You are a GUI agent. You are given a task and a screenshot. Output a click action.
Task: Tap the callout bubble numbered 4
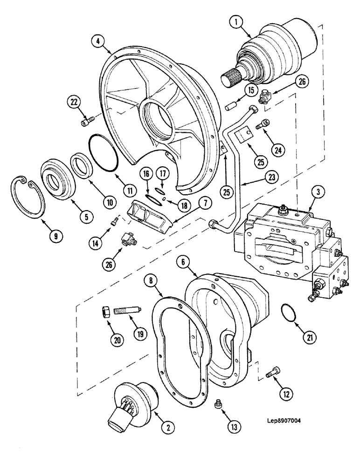pyautogui.click(x=99, y=41)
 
